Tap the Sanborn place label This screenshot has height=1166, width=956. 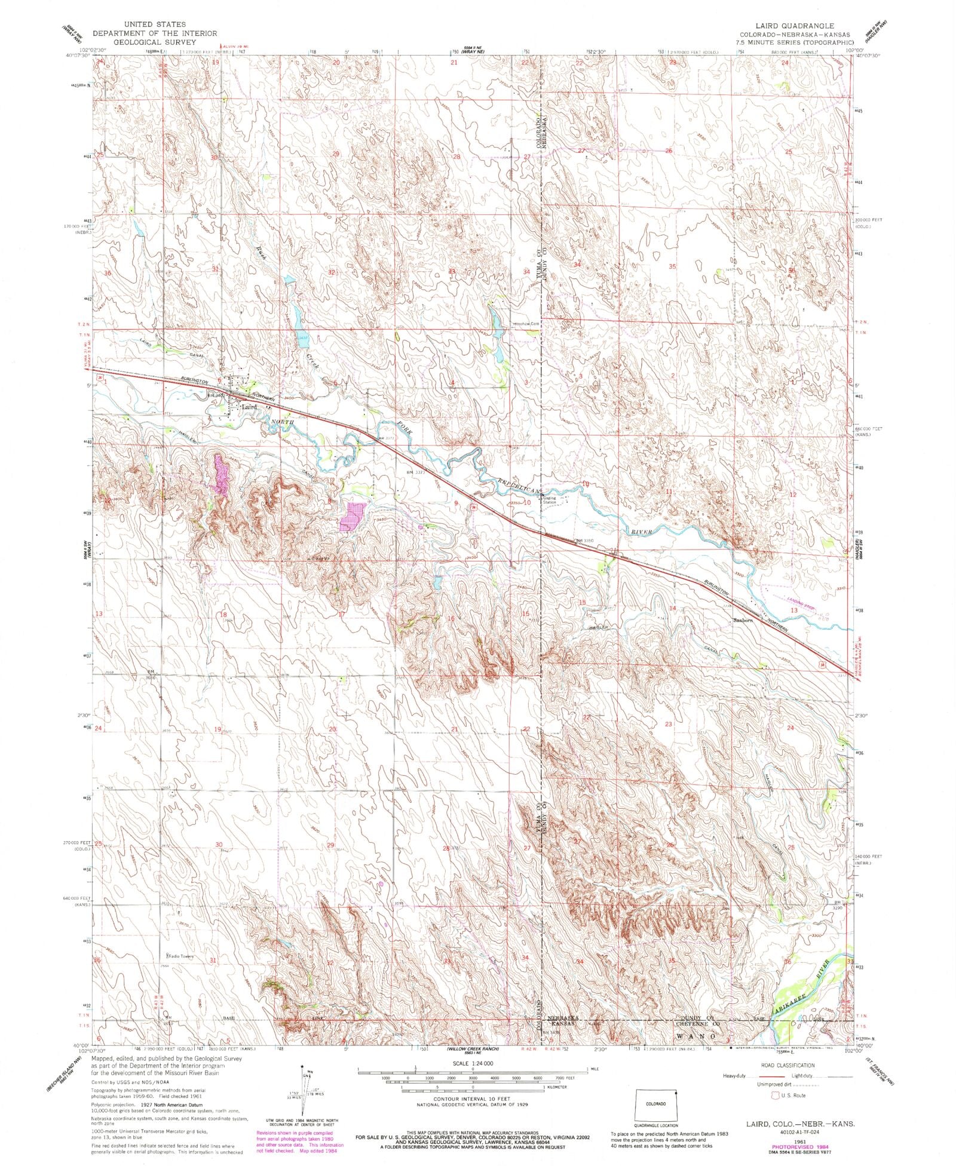pos(743,620)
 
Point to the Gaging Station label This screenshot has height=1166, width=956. pos(550,499)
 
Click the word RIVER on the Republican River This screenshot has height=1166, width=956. pos(645,530)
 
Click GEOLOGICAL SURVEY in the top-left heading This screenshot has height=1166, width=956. pos(154,42)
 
